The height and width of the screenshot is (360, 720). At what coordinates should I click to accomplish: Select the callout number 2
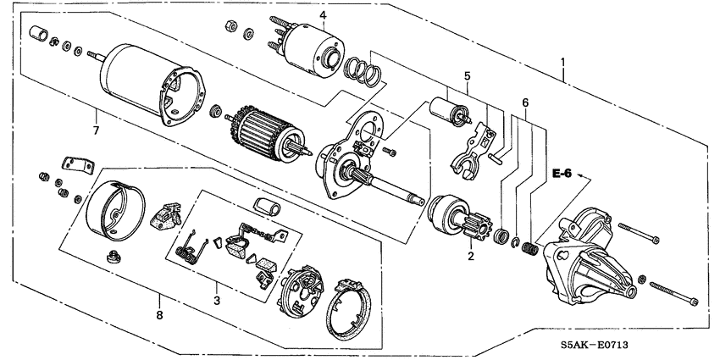tap(471, 255)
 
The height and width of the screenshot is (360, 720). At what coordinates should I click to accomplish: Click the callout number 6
tap(525, 102)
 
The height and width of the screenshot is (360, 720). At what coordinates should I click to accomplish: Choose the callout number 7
tap(96, 130)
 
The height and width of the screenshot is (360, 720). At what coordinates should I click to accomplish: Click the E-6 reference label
tap(562, 174)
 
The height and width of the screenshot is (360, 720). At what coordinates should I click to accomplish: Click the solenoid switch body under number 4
tap(311, 42)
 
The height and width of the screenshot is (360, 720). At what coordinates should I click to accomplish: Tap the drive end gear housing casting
tap(594, 263)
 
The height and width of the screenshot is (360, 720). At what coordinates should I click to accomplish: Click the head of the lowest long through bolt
tap(694, 302)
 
